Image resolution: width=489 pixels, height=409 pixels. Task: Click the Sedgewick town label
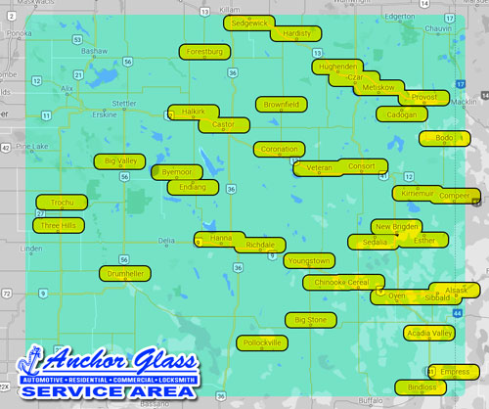[248, 22]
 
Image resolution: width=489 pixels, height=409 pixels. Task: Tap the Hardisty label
[295, 33]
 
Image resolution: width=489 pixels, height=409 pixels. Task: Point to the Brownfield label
[282, 104]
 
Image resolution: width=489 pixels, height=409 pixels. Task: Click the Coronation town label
[280, 150]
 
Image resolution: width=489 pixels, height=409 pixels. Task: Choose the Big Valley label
[122, 160]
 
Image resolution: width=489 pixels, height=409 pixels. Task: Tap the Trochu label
[62, 203]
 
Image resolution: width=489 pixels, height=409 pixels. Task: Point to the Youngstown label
[309, 260]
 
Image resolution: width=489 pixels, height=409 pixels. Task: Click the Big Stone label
[311, 320]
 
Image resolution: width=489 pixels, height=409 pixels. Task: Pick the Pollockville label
[262, 342]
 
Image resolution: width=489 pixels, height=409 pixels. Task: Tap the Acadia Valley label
[429, 334]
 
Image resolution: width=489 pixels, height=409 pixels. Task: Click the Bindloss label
[422, 387]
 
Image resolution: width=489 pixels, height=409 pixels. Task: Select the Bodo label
[444, 138]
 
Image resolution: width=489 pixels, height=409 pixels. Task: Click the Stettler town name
[123, 101]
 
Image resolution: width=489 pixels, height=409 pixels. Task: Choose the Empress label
[455, 372]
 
